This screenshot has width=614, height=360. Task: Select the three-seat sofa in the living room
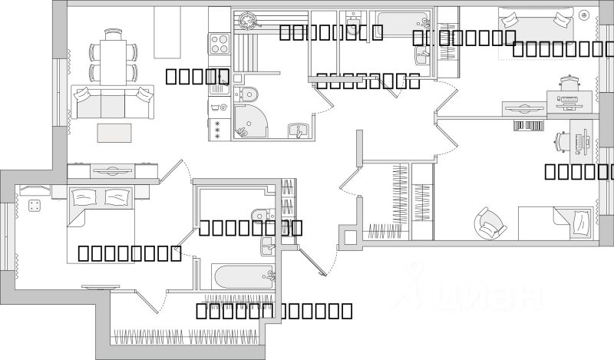[113, 101]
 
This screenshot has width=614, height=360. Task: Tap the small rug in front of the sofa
[114, 132]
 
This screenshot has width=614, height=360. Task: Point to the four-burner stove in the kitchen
[219, 39]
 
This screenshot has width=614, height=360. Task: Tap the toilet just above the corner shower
[246, 94]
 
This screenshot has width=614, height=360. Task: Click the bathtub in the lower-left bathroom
[243, 277]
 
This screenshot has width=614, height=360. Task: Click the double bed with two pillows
[104, 207]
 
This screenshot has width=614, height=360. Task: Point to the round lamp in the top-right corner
[585, 15]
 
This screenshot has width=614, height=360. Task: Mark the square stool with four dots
[34, 205]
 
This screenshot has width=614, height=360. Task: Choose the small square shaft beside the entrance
[349, 238]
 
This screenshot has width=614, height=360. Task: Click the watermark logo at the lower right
[476, 296]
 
